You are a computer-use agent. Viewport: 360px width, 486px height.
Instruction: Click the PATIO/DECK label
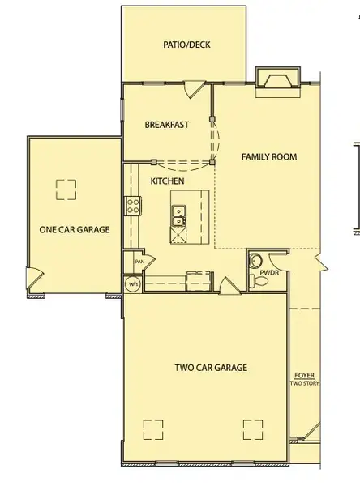(186, 45)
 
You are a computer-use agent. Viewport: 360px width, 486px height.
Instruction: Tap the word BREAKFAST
(166, 125)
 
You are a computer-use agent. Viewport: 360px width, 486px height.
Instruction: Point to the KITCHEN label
(167, 181)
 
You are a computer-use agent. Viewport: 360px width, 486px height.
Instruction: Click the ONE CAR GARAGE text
(75, 229)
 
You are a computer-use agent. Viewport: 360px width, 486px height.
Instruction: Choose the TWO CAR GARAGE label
(211, 368)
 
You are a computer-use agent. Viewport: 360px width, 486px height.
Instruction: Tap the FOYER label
(305, 375)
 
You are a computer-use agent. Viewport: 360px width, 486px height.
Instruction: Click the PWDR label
(269, 272)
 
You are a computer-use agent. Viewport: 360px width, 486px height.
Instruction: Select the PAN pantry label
(139, 262)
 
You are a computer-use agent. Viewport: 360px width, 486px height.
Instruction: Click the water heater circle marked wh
(132, 283)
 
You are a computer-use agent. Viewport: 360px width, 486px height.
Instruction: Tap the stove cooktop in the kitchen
(132, 206)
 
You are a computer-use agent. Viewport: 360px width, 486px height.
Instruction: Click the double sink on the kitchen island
(178, 215)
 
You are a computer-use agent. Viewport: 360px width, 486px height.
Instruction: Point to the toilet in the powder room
(254, 280)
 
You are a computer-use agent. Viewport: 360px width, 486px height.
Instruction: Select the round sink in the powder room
(255, 260)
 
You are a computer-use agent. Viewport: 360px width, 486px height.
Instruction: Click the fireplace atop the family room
(278, 78)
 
